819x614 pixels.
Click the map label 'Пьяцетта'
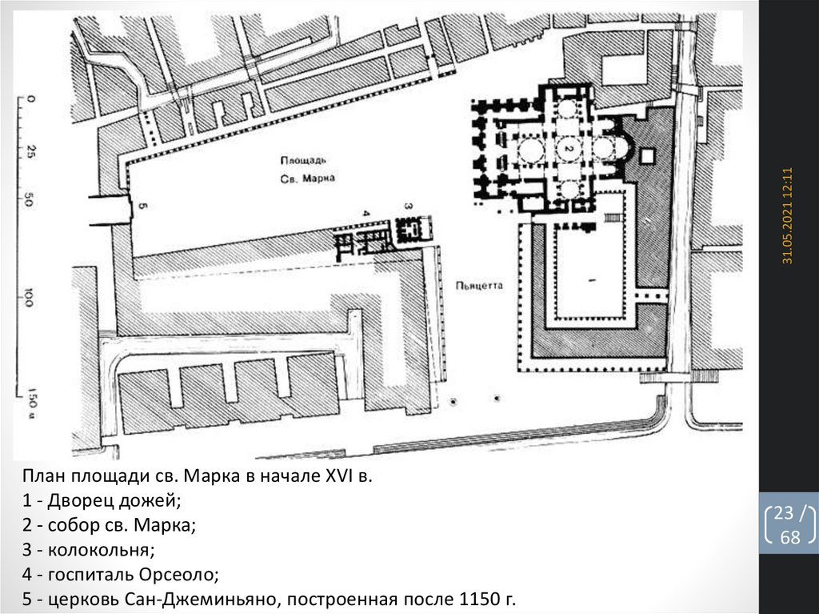[479, 286]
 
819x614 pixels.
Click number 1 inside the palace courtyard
[592, 280]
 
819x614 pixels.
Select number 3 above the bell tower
[409, 207]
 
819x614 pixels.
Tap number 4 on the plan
[366, 213]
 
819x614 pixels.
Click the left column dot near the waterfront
[453, 402]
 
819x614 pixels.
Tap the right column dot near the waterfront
[496, 399]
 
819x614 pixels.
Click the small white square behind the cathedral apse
[647, 155]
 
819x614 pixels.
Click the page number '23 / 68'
[789, 524]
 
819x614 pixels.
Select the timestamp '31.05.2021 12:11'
[788, 215]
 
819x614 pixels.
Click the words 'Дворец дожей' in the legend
[113, 501]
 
